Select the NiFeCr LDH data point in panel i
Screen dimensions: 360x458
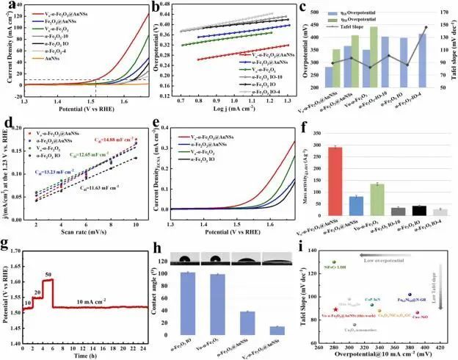pyautogui.click(x=335, y=262)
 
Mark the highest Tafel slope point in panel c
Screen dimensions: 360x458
pyautogui.click(x=425, y=28)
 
